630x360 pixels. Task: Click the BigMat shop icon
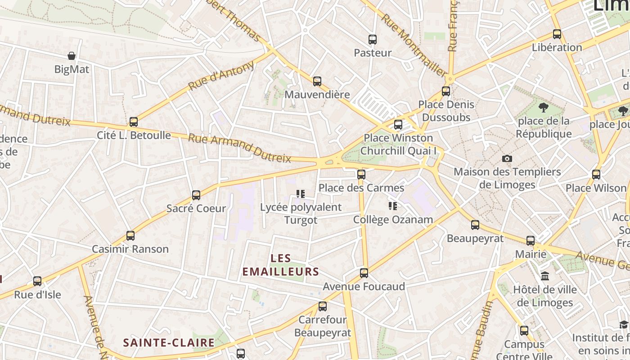pyautogui.click(x=71, y=56)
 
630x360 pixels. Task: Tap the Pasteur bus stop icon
pyautogui.click(x=372, y=40)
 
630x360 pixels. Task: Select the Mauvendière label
pyautogui.click(x=317, y=94)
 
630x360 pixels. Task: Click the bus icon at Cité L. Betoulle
pyautogui.click(x=133, y=122)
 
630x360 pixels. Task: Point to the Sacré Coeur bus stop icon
pyautogui.click(x=196, y=195)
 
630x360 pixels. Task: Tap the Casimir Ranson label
pyautogui.click(x=130, y=249)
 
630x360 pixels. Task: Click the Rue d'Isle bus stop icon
pyautogui.click(x=37, y=281)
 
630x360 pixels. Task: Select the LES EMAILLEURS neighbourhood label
pyautogui.click(x=281, y=265)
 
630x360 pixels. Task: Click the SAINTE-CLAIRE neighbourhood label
pyautogui.click(x=169, y=342)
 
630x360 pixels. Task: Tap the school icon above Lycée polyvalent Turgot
pyautogui.click(x=301, y=194)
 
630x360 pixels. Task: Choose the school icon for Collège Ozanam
pyautogui.click(x=393, y=206)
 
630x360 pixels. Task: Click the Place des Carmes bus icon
pyautogui.click(x=361, y=175)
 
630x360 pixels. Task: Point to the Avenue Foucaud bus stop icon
pyautogui.click(x=364, y=273)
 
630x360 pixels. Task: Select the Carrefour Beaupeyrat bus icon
pyautogui.click(x=322, y=306)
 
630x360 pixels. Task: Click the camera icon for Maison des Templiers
pyautogui.click(x=507, y=158)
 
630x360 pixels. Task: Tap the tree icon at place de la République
pyautogui.click(x=543, y=107)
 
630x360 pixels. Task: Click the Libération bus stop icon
pyautogui.click(x=557, y=34)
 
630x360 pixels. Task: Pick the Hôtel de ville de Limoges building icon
pyautogui.click(x=545, y=276)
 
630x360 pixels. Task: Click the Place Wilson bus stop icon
pyautogui.click(x=596, y=175)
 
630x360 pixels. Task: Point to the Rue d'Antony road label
pyautogui.click(x=221, y=76)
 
